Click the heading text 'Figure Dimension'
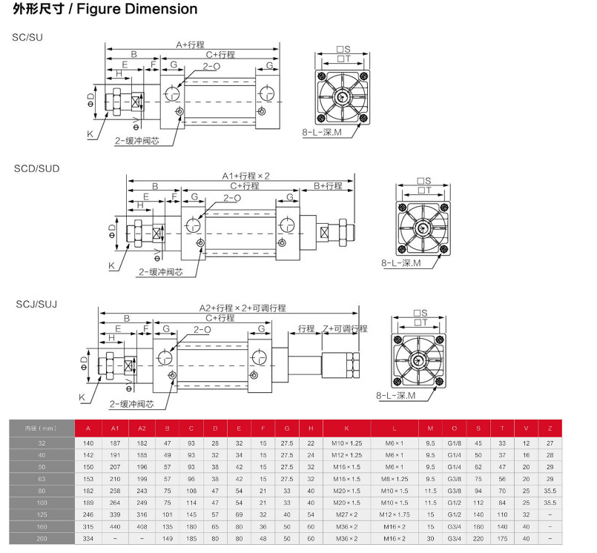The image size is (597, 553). [x=148, y=10]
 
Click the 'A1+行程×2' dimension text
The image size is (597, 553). [x=246, y=176]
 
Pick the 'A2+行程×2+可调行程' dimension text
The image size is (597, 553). [x=242, y=308]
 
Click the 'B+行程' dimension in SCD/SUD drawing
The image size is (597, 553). [x=327, y=185]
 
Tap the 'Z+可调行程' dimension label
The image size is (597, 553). [x=345, y=328]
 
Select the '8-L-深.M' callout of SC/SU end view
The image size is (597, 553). [x=322, y=132]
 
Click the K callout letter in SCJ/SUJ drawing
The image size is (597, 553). [x=83, y=397]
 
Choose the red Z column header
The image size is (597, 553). [x=550, y=428]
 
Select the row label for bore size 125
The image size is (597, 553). [x=42, y=513]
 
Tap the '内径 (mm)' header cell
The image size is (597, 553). [x=42, y=428]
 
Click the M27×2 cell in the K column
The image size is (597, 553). [x=346, y=513]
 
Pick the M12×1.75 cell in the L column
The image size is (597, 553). [x=395, y=513]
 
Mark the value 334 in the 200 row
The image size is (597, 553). [x=89, y=538]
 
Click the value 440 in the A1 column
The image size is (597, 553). [x=114, y=526]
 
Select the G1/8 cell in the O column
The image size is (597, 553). [x=454, y=443]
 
